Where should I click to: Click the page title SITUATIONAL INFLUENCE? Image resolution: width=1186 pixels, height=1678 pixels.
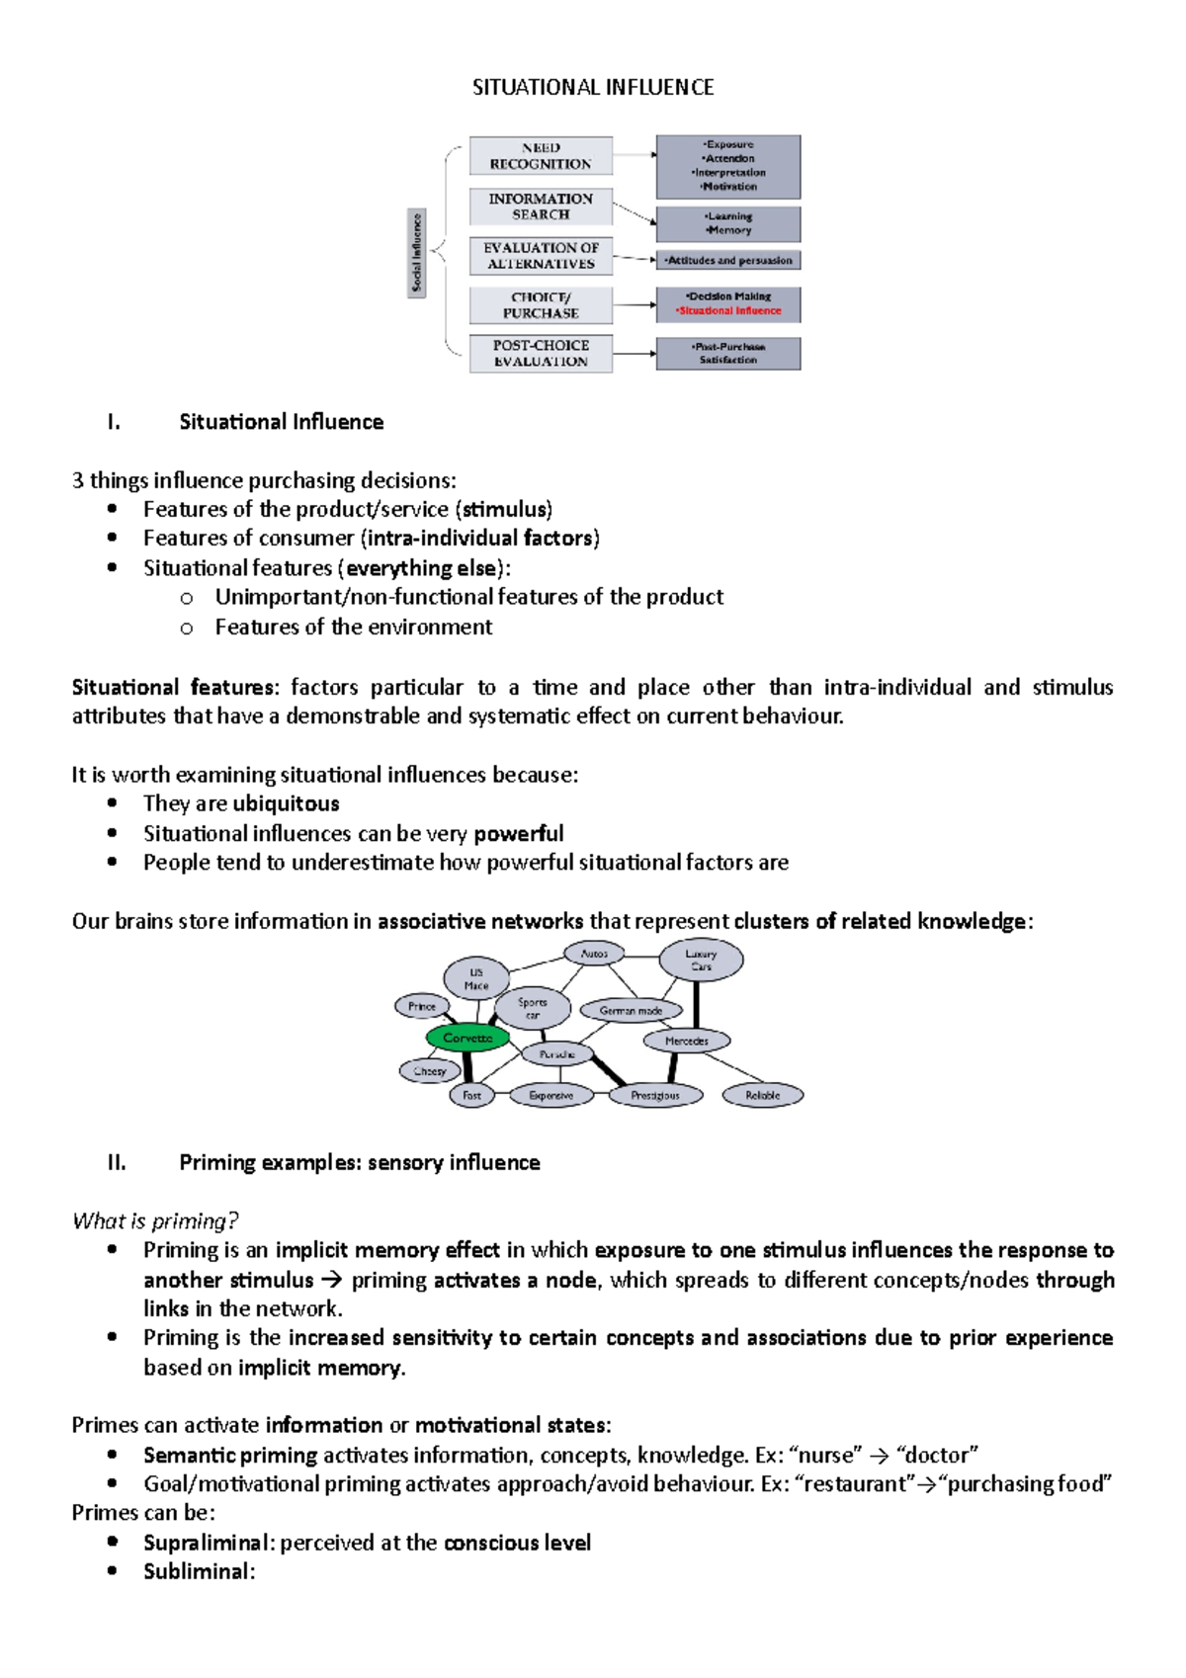[x=593, y=88]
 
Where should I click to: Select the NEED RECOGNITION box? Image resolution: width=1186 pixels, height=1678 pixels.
[x=541, y=156]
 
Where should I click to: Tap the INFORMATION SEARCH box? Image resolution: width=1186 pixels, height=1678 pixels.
[x=541, y=207]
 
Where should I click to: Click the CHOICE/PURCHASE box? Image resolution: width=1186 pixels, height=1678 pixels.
[x=541, y=305]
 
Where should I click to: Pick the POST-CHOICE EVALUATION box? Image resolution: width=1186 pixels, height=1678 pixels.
[x=541, y=354]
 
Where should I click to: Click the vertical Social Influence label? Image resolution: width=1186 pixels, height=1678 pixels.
[x=417, y=253]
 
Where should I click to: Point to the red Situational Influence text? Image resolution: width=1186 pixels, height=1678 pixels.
[x=729, y=311]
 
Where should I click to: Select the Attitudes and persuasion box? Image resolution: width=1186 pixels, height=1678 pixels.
[x=728, y=261]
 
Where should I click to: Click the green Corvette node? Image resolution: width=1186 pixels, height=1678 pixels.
[x=467, y=1038]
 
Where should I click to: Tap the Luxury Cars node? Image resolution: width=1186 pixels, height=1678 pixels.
[x=701, y=960]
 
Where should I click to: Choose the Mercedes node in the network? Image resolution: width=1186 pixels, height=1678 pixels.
[x=687, y=1041]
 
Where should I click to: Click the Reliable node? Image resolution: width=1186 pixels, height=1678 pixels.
[x=762, y=1095]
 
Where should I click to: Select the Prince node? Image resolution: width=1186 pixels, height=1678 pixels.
[x=422, y=1007]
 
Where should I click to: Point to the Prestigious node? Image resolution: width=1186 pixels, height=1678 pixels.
[x=655, y=1095]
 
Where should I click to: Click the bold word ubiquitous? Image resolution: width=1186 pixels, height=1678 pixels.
[x=286, y=804]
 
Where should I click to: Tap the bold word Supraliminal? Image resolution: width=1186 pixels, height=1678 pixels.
[x=206, y=1543]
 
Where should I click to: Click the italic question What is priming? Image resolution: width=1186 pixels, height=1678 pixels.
[x=155, y=1221]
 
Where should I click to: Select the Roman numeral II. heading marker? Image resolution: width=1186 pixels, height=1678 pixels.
[x=117, y=1163]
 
